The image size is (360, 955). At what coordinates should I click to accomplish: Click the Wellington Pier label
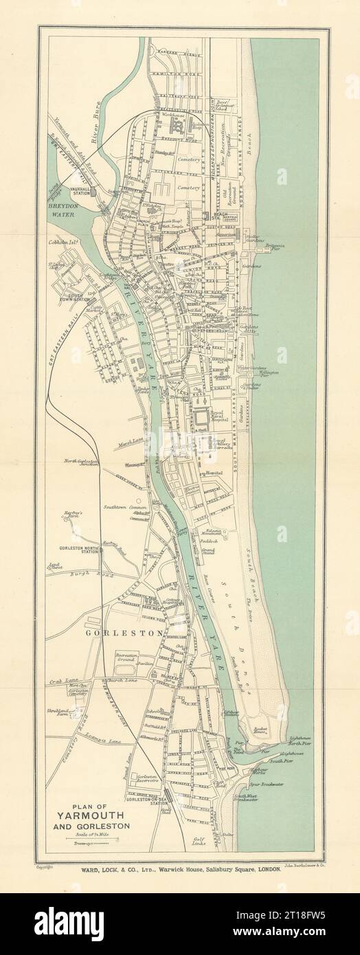[x=269, y=373]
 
